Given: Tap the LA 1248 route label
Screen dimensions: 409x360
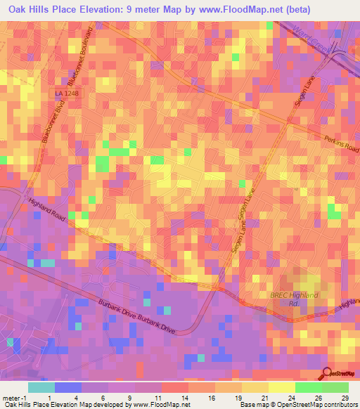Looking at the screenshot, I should click(x=66, y=93).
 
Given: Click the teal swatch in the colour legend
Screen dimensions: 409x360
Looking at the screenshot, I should click(x=41, y=387).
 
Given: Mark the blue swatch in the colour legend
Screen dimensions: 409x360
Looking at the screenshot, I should click(x=68, y=387).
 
